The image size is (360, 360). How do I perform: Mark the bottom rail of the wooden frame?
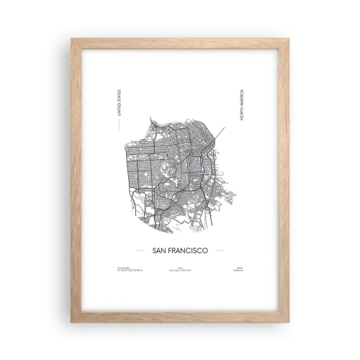pyautogui.click(x=180, y=317)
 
